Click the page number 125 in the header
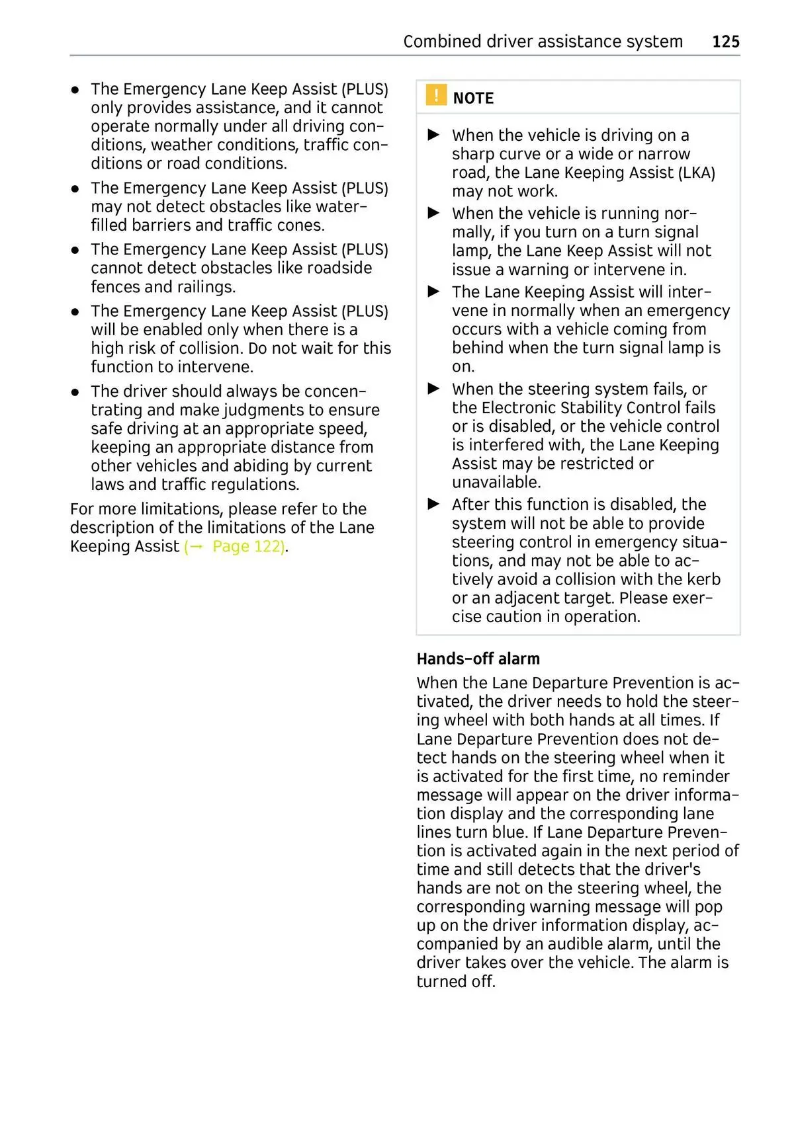[725, 42]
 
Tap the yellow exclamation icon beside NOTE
[436, 96]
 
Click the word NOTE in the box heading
[473, 99]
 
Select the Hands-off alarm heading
[478, 659]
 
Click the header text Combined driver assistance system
[543, 42]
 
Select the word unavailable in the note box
[496, 482]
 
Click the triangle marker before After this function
[434, 504]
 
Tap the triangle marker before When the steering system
[434, 389]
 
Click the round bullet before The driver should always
[76, 392]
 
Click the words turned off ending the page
[455, 982]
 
